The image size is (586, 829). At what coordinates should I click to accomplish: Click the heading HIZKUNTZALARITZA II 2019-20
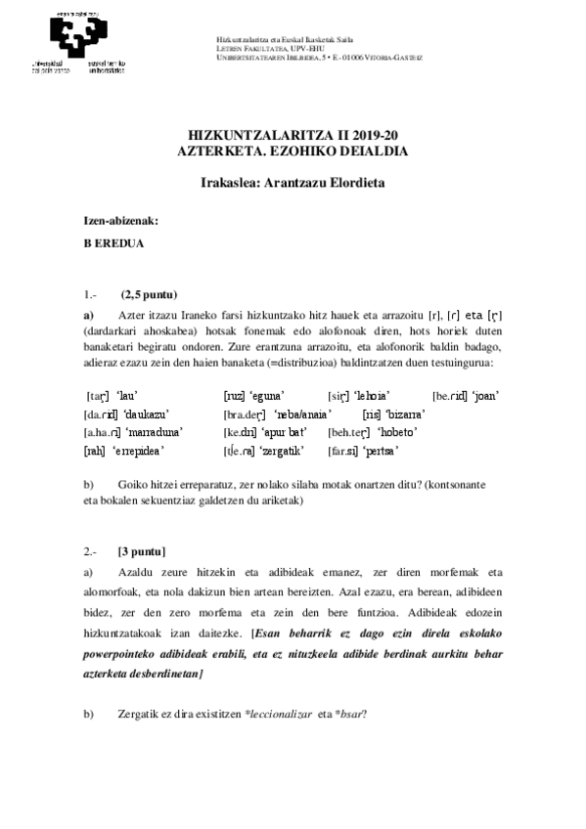click(x=293, y=137)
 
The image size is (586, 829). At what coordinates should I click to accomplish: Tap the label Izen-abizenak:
click(x=120, y=221)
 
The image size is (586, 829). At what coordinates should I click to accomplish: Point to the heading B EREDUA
click(x=114, y=244)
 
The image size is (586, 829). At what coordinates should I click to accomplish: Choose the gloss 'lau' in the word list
click(x=125, y=395)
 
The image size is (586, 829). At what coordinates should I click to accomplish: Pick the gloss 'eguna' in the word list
click(x=266, y=395)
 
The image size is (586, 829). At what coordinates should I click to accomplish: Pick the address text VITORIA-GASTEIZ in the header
click(x=397, y=57)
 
